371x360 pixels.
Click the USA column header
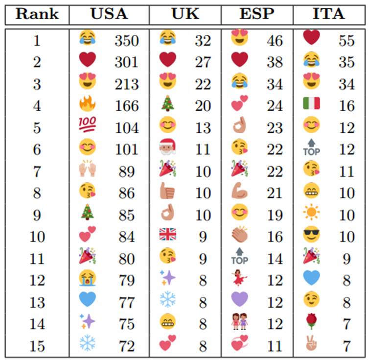click(109, 14)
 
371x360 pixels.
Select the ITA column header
click(329, 14)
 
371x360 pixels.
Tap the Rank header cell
click(37, 14)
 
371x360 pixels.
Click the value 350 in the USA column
click(127, 41)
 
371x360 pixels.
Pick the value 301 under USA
click(127, 62)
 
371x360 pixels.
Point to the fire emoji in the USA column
click(88, 104)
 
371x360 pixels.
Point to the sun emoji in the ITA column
click(311, 213)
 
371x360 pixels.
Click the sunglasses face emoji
click(311, 235)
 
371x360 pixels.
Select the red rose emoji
click(311, 322)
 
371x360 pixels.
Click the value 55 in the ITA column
click(347, 41)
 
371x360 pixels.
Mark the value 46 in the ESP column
click(275, 41)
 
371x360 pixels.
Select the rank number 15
click(37, 346)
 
